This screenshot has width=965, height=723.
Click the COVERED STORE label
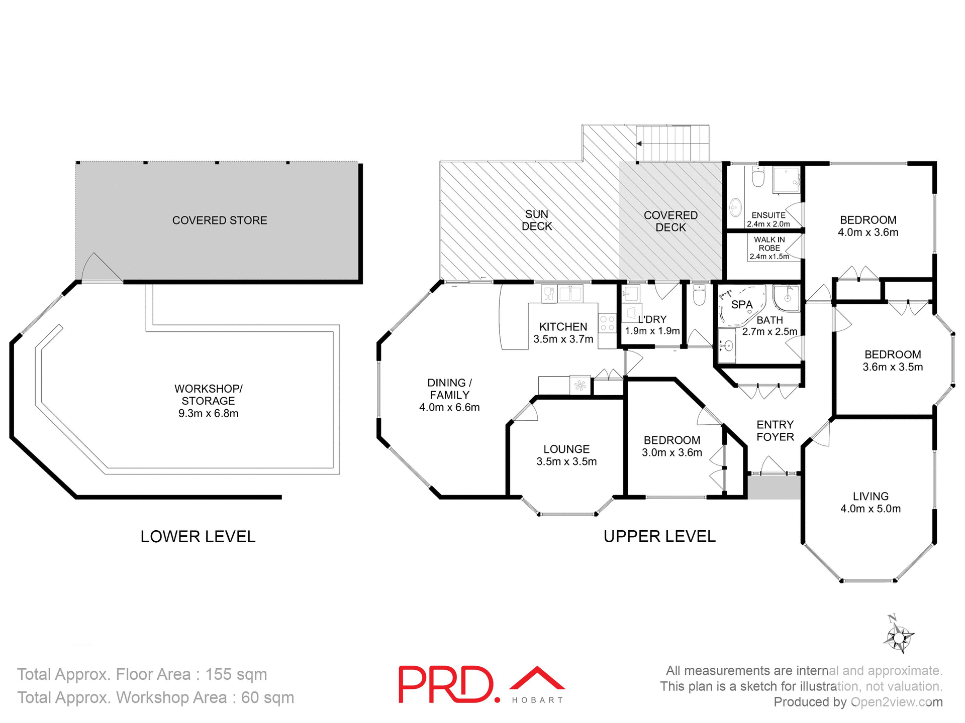(x=220, y=220)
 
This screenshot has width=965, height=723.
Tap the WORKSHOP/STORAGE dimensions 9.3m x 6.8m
(x=208, y=413)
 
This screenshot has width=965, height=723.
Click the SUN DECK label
(x=536, y=220)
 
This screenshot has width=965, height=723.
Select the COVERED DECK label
(x=670, y=221)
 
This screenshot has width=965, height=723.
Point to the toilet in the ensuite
(x=757, y=177)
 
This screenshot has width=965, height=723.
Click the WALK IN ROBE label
(x=769, y=244)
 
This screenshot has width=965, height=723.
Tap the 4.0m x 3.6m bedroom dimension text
(x=868, y=232)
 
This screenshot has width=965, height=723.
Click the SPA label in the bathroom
(x=741, y=305)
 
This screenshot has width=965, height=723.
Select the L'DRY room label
(x=652, y=319)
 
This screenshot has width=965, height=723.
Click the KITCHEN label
(x=563, y=327)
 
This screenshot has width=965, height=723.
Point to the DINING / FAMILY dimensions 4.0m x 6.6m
(x=449, y=407)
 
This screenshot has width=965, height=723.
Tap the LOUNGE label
(x=566, y=449)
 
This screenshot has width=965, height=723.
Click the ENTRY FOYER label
(x=775, y=431)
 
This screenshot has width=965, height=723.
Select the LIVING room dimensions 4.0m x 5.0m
(x=871, y=509)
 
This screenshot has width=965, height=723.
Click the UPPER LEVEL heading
(x=659, y=537)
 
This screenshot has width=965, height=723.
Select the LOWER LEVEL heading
(x=198, y=537)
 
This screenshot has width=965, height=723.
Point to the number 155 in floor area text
(x=219, y=674)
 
